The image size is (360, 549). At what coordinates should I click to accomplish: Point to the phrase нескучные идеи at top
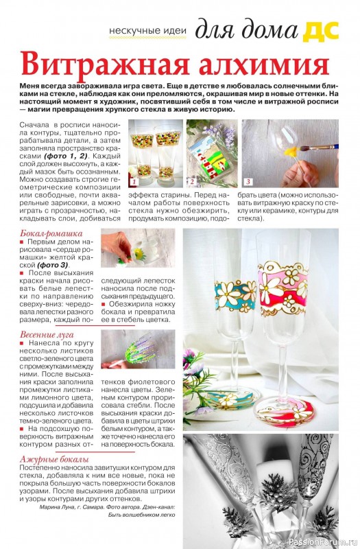(x=149, y=32)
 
